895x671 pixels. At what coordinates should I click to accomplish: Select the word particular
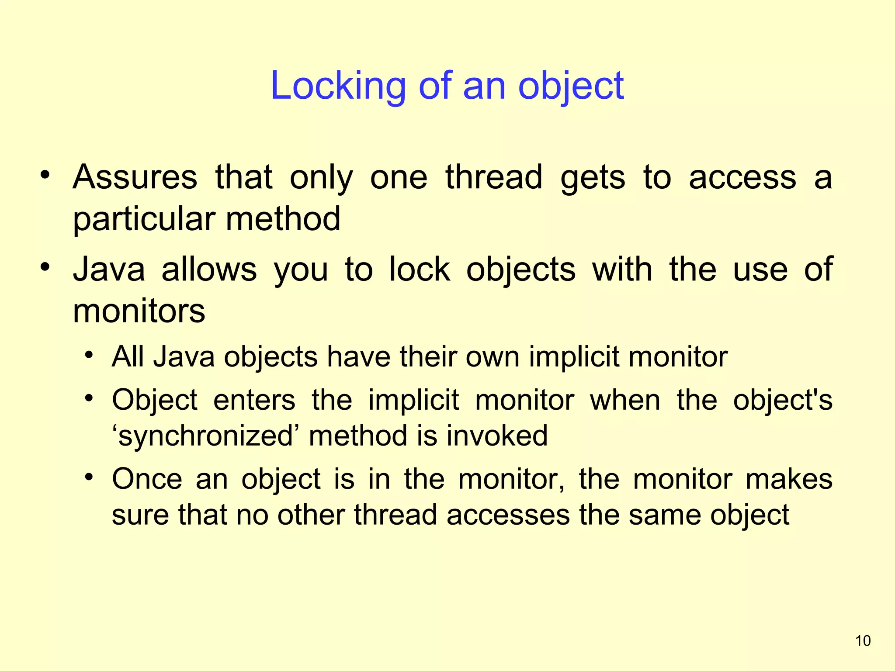tap(144, 219)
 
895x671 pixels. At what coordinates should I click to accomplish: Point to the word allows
tap(209, 269)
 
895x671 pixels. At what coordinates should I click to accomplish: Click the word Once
tap(147, 479)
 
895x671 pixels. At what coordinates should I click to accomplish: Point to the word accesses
tap(508, 515)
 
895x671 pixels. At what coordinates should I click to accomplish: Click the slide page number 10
tap(863, 641)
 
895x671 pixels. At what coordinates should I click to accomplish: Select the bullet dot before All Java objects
tap(89, 355)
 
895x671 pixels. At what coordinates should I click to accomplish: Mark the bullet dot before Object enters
tap(89, 398)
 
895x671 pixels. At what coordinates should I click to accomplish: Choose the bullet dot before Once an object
tap(89, 477)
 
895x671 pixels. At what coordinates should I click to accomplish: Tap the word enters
tap(254, 400)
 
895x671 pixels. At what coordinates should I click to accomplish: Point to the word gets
tap(593, 178)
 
